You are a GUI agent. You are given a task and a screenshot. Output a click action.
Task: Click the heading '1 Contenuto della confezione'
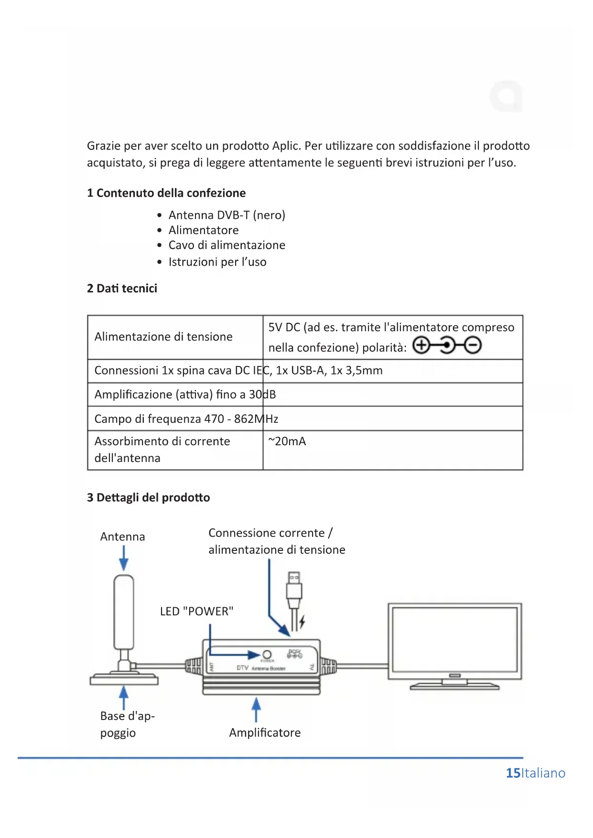[166, 193]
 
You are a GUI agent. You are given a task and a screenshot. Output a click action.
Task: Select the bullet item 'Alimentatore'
[204, 230]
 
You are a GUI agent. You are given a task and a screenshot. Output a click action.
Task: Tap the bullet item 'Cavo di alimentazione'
[226, 245]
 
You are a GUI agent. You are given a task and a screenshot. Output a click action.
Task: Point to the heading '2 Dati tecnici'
[122, 289]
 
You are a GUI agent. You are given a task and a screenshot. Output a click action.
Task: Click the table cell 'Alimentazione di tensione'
[163, 337]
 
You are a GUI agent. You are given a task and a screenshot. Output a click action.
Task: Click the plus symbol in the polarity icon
[421, 345]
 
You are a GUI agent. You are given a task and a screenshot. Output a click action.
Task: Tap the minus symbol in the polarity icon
[473, 345]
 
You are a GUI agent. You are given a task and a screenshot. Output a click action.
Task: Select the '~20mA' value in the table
[287, 441]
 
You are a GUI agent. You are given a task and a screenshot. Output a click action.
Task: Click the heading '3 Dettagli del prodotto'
[148, 498]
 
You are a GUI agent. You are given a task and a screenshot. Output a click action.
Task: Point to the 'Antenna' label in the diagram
[122, 537]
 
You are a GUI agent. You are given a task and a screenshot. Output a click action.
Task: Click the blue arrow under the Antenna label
[124, 558]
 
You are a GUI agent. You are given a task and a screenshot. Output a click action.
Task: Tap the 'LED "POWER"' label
[196, 612]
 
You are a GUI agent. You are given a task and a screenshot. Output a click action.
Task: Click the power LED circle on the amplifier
[267, 655]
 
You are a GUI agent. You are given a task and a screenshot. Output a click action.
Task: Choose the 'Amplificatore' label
[265, 733]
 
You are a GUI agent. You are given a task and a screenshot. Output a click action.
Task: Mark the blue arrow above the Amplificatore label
[257, 709]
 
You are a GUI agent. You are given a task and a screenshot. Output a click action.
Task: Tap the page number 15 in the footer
[513, 773]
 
